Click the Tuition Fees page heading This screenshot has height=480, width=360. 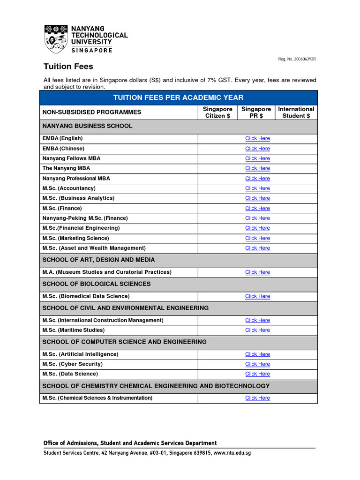tap(68, 67)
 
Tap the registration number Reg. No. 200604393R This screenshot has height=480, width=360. tap(297, 59)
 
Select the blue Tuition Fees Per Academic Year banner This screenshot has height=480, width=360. tap(178, 97)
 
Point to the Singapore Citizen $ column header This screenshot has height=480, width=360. tap(217, 112)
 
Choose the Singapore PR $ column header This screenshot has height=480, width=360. tap(256, 112)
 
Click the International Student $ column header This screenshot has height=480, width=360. tap(296, 112)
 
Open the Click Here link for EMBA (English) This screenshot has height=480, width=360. tap(257, 139)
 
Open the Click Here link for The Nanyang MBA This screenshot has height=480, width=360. tap(257, 168)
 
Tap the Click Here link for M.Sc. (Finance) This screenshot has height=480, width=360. tap(257, 208)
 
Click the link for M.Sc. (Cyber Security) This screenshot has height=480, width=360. tap(257, 364)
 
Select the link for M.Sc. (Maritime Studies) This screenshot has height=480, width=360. tap(257, 330)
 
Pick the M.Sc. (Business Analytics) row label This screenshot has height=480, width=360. tap(78, 198)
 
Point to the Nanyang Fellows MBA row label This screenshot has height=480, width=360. tap(71, 158)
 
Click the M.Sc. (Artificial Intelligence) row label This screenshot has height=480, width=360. tap(80, 354)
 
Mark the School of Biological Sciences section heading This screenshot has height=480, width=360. tap(97, 284)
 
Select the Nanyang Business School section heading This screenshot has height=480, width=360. tap(87, 126)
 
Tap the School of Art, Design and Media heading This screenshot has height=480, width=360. tap(98, 260)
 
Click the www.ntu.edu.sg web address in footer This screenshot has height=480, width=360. tap(232, 453)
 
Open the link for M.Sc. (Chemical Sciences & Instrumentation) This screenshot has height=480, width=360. tap(257, 398)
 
